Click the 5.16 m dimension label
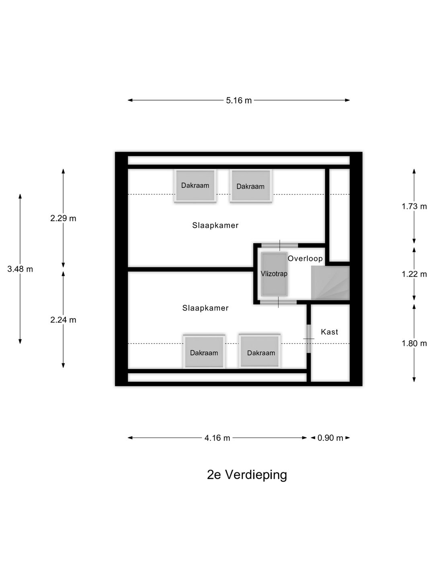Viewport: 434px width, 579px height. [x=239, y=101]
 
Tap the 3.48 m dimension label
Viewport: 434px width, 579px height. [x=20, y=269]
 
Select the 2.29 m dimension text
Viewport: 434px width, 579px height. [x=63, y=218]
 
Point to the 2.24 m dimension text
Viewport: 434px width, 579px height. [x=63, y=320]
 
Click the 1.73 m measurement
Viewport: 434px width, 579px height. [x=414, y=207]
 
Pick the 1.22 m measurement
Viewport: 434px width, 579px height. [x=414, y=274]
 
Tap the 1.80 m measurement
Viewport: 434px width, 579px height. [x=414, y=343]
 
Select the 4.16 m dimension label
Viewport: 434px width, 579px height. [x=217, y=438]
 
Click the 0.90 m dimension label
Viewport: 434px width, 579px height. [x=330, y=438]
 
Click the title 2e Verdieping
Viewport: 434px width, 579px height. [x=247, y=475]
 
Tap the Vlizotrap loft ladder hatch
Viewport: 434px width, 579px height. [x=274, y=274]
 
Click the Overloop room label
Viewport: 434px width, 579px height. [x=305, y=259]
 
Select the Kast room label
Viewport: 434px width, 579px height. [x=329, y=332]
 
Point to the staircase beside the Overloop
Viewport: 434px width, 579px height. [x=330, y=283]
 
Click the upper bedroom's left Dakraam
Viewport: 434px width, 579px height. [x=195, y=186]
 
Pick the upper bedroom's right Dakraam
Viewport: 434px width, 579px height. [x=250, y=186]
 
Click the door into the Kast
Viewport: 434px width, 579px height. [x=309, y=339]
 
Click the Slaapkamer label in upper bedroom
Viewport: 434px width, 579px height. [x=215, y=226]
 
